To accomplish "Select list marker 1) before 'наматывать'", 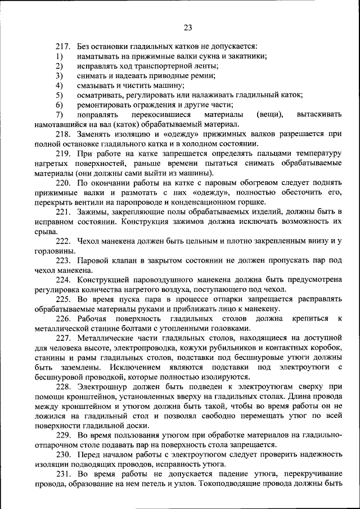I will [x=58, y=56].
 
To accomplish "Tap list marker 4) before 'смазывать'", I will [x=58, y=85].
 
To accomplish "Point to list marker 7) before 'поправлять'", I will [x=58, y=114].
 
